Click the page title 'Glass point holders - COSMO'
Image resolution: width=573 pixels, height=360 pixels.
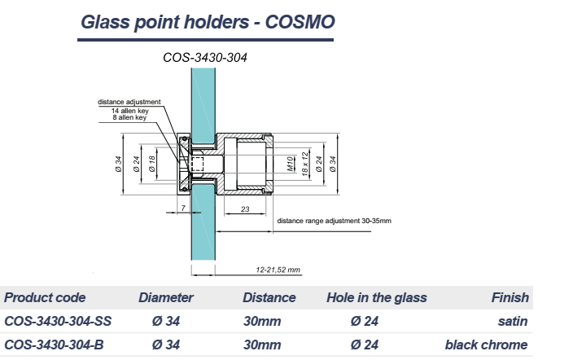pos(208,22)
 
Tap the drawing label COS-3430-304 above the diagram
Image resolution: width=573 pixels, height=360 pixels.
pos(205,58)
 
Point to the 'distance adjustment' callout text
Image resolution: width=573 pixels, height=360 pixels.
pos(129,102)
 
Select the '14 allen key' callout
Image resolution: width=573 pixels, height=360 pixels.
pos(129,111)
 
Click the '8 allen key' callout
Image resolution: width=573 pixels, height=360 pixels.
pos(129,117)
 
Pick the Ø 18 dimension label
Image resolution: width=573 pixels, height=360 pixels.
pos(152,164)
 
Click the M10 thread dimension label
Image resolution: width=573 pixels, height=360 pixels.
pos(290,164)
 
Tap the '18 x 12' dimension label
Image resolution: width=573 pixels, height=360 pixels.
pos(304,164)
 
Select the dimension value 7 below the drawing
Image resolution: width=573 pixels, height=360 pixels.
pos(183,208)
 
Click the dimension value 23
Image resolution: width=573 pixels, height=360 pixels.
pos(245,209)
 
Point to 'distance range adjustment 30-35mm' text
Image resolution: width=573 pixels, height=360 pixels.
pos(334,221)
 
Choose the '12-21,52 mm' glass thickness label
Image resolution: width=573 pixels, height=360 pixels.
pos(278,270)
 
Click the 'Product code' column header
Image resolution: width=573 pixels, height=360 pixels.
pos(45,297)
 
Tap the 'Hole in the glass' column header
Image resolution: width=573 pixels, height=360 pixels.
pos(376,297)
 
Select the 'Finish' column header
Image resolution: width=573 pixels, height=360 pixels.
pos(510,297)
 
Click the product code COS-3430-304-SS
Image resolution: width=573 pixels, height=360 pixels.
pos(58,321)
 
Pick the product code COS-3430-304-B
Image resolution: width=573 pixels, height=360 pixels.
pos(54,345)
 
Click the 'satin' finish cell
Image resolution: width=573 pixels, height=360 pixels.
pos(513,321)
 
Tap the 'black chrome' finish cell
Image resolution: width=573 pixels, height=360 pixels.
pos(486,345)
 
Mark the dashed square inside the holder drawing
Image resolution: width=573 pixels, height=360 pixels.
pos(197,164)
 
